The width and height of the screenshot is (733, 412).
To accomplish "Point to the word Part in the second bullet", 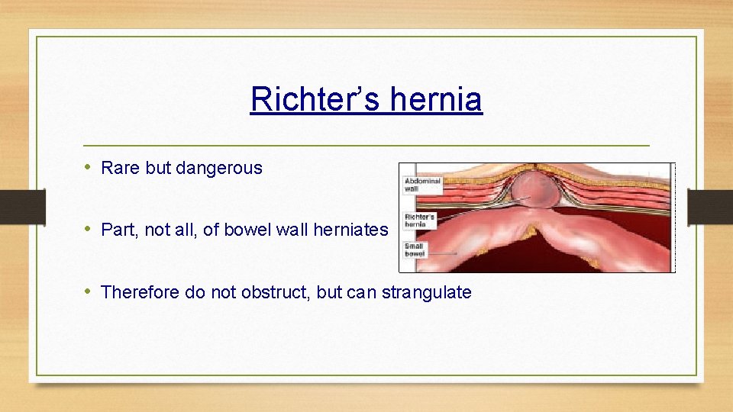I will pos(118,230).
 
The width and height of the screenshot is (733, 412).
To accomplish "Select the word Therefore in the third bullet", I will pos(140,292).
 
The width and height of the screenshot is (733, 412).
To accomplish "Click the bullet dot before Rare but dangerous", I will pos(89,168).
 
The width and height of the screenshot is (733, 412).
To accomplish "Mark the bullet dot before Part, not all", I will pos(89,230).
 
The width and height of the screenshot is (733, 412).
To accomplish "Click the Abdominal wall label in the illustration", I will pos(421,185).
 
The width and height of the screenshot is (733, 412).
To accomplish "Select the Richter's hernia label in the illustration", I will pos(420,221).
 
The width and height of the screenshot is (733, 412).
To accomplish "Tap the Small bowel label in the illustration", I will pos(416,249).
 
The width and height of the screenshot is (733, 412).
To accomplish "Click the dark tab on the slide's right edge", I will pos(710,206).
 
